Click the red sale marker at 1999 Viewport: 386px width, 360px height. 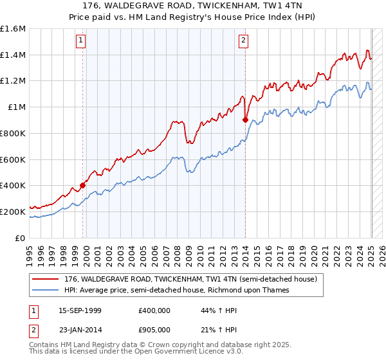(83, 185)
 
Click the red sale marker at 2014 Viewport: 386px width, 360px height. (246, 119)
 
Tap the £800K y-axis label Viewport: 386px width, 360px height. (13, 133)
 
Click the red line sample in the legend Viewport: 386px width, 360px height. (46, 280)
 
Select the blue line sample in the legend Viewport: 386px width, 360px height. (46, 290)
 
